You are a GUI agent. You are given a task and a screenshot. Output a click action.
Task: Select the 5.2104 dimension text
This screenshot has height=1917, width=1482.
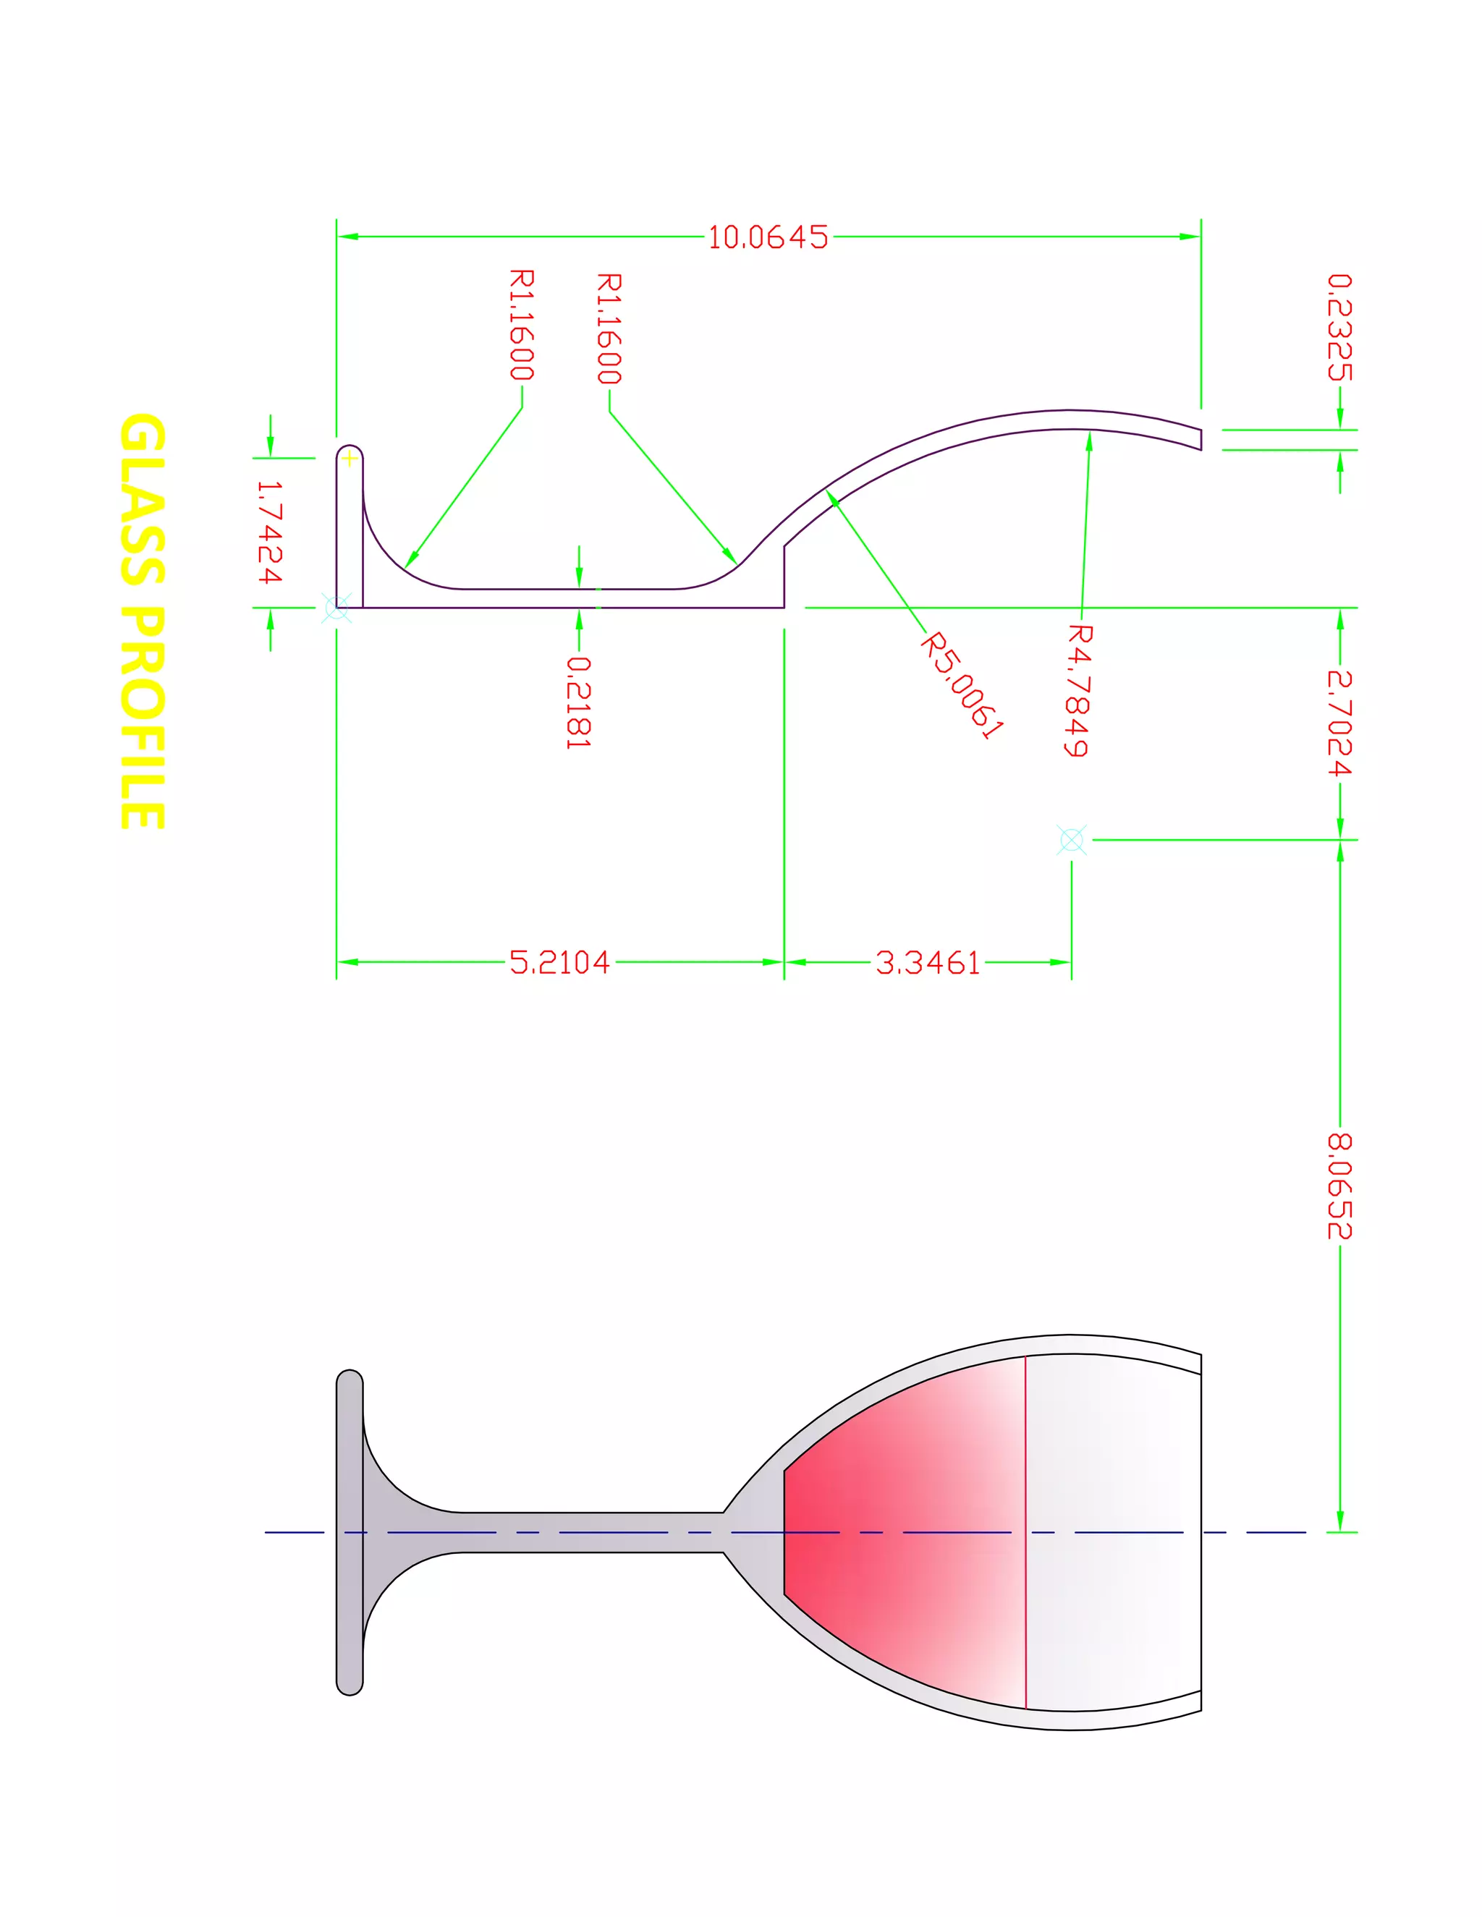(559, 962)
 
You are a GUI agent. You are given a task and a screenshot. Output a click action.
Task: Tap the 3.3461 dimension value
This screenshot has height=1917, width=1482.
(927, 962)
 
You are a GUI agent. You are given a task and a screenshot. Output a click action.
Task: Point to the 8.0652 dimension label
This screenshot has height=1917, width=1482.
(1339, 1186)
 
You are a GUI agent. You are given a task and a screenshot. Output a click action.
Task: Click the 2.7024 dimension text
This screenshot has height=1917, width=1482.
(1339, 723)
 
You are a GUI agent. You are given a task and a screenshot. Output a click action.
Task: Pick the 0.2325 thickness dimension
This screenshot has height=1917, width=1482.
(1339, 328)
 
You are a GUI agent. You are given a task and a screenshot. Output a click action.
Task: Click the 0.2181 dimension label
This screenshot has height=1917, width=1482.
(579, 702)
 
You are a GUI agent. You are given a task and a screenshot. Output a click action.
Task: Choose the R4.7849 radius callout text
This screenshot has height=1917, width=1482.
(1079, 690)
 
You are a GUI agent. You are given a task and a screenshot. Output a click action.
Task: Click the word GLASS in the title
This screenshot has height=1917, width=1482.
(143, 498)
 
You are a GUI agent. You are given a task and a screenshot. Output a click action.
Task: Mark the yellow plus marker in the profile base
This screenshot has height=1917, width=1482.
(350, 458)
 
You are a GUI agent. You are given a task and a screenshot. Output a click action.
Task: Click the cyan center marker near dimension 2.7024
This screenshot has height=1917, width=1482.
(1071, 840)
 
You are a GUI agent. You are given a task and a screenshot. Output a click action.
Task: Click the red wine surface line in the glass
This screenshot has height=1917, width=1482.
(1025, 1492)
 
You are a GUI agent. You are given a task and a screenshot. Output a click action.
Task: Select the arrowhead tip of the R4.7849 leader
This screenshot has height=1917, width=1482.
(1091, 432)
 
